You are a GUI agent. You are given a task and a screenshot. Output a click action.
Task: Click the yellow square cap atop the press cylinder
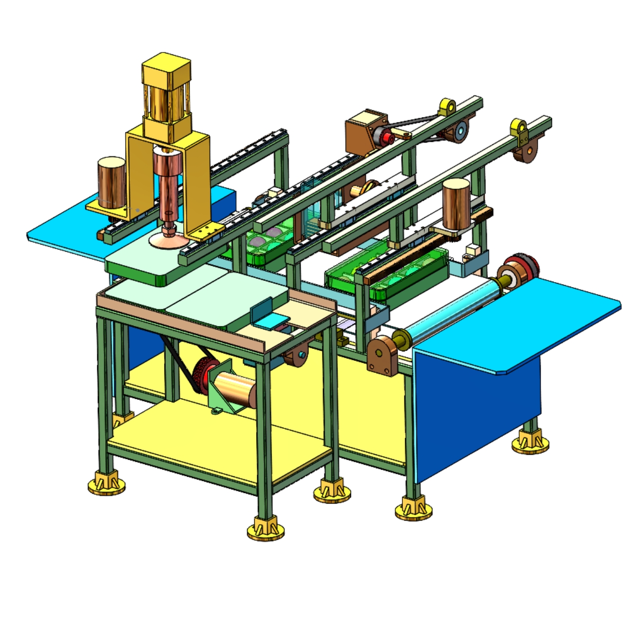pos(166,67)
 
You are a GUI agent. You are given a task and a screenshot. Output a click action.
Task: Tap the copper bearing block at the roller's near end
pos(383,354)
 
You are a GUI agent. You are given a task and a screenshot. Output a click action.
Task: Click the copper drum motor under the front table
pos(235,389)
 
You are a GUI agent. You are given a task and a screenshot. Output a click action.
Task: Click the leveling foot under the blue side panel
pos(530,442)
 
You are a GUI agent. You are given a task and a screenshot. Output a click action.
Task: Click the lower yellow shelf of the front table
pos(220,439)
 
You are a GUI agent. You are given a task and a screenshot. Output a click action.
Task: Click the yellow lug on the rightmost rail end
pos(520,127)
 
